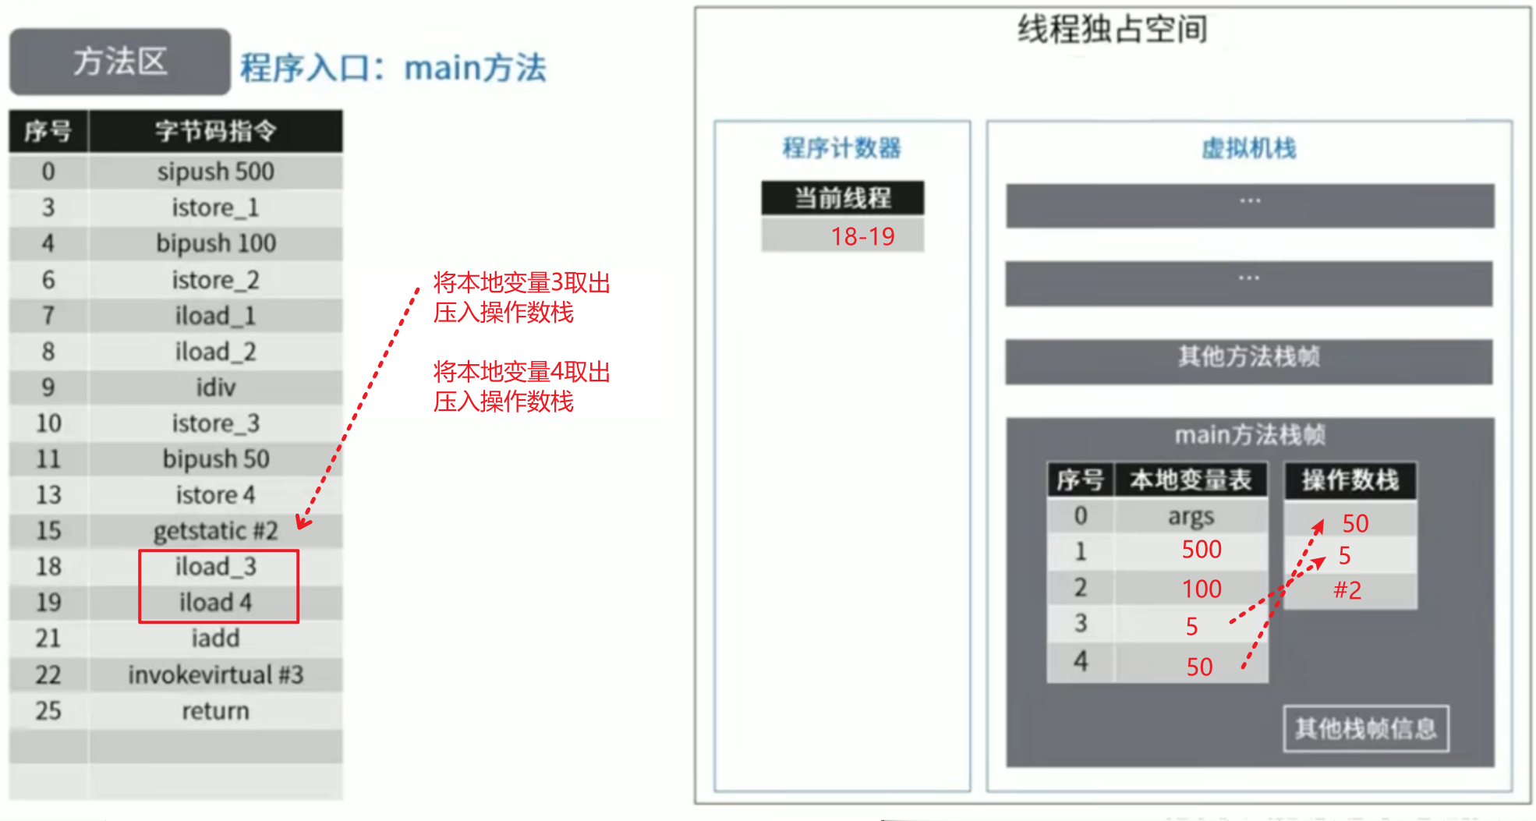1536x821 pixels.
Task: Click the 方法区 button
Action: [x=120, y=62]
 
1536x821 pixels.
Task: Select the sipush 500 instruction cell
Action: [x=215, y=172]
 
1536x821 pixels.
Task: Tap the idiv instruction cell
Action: [x=215, y=387]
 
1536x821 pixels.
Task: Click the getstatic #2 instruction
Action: [x=215, y=531]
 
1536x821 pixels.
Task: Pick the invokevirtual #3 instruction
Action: [x=215, y=674]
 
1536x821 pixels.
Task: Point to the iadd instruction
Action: [x=215, y=639]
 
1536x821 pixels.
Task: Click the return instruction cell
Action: [x=215, y=711]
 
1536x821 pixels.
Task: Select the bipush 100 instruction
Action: [x=215, y=243]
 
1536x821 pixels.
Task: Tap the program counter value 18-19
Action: [x=862, y=236]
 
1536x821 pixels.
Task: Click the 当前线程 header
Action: [x=842, y=198]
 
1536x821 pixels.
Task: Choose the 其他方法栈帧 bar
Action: [x=1248, y=357]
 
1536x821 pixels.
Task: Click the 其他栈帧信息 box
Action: [x=1365, y=729]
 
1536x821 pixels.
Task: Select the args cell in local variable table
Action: [x=1191, y=516]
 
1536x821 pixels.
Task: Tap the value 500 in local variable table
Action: [x=1201, y=550]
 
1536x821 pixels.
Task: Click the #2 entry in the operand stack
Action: [x=1347, y=590]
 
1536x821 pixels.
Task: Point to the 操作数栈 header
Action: [x=1350, y=480]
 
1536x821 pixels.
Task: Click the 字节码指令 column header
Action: [x=215, y=131]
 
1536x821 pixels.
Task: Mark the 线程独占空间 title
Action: [x=1113, y=30]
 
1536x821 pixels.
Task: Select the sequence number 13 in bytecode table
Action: [x=48, y=495]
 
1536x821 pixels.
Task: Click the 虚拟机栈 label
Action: [x=1248, y=148]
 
